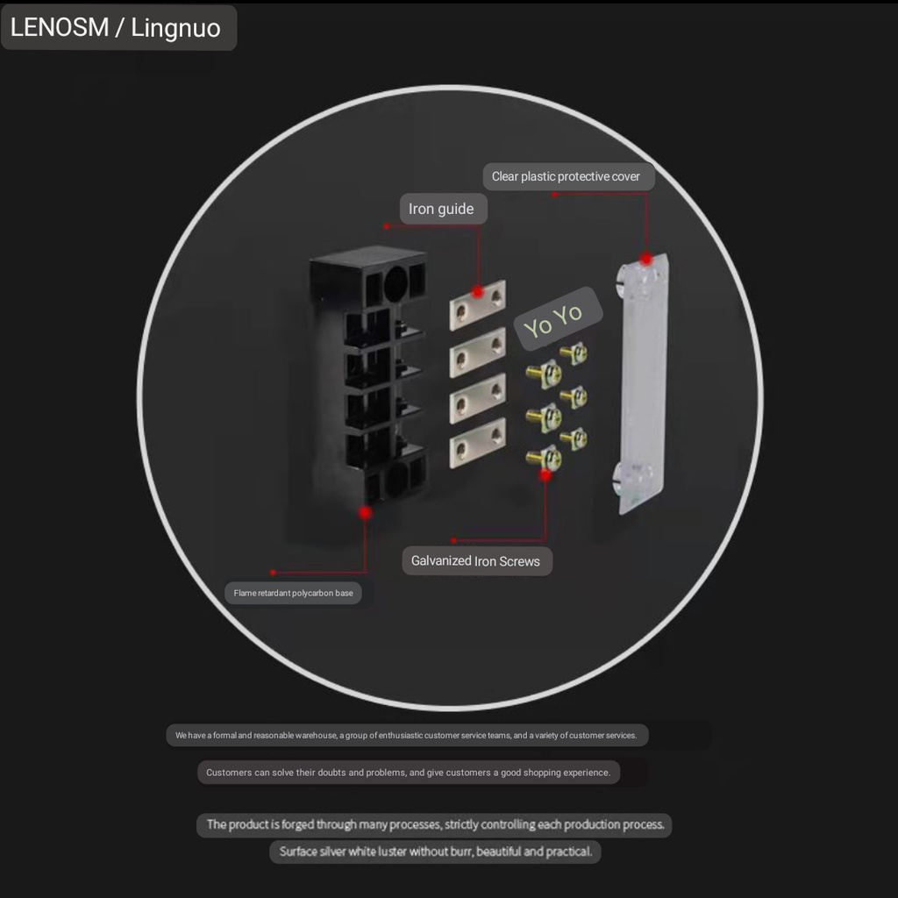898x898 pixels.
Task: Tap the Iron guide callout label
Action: click(441, 209)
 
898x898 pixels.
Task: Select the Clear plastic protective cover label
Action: click(566, 176)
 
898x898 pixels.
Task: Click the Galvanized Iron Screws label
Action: click(475, 561)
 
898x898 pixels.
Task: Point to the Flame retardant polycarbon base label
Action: click(293, 594)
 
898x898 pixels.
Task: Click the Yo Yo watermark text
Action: click(553, 319)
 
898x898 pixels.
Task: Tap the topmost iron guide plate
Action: click(478, 305)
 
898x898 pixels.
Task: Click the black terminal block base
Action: click(368, 386)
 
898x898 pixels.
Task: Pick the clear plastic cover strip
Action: click(643, 386)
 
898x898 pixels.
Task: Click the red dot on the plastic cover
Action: click(646, 259)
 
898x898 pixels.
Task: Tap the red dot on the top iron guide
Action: click(478, 291)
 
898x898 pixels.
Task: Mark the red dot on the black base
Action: click(365, 512)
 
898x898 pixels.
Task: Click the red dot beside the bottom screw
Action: click(545, 475)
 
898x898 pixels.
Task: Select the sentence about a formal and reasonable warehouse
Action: click(406, 735)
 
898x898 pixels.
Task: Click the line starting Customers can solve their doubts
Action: click(408, 773)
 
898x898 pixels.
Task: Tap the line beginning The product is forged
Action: click(435, 824)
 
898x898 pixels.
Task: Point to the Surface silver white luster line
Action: click(435, 852)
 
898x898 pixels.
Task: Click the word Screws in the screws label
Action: click(520, 561)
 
